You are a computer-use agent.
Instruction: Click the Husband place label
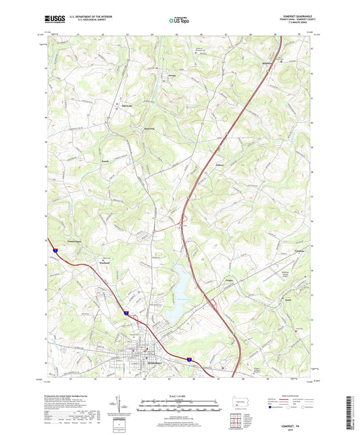click(x=105, y=264)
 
